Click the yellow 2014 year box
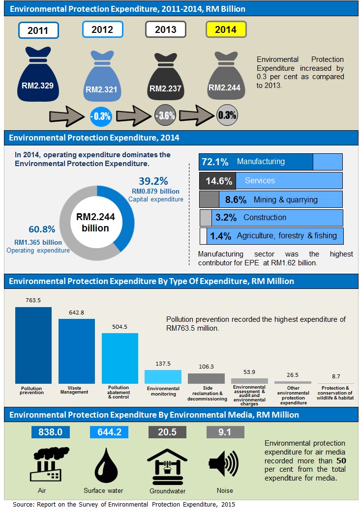point(225,29)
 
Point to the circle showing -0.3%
point(101,116)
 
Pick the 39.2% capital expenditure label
point(153,181)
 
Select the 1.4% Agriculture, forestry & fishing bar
point(271,236)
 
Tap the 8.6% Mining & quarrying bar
point(270,199)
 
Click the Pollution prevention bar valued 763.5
point(33,345)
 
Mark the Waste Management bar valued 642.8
point(76,351)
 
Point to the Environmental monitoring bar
point(163,376)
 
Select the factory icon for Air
point(49,464)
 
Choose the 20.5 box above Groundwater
point(167,432)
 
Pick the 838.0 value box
point(50,432)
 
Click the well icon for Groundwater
point(167,464)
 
